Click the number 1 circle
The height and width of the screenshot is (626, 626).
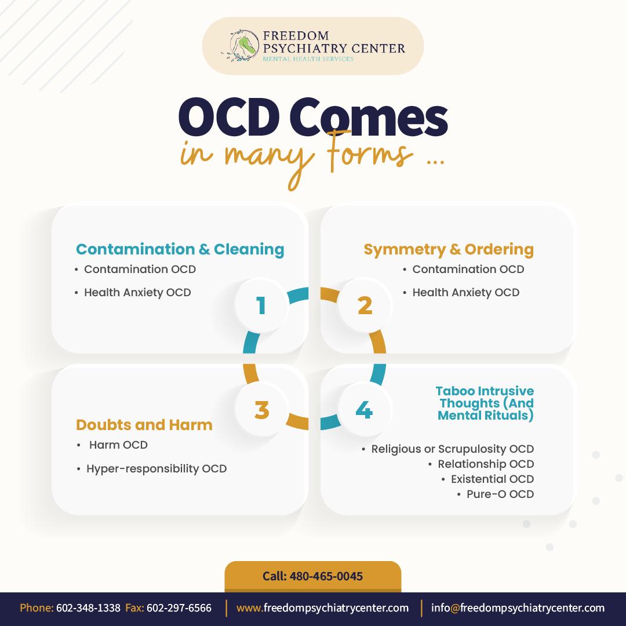pos(261,305)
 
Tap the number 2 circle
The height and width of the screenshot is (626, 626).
pos(365,305)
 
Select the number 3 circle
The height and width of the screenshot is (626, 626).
pos(261,410)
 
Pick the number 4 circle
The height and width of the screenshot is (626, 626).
pos(364,410)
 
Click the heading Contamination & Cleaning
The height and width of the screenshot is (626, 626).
pos(180,249)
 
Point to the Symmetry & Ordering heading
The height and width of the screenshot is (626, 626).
pos(449,249)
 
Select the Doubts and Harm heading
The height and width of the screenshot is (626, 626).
pos(144,425)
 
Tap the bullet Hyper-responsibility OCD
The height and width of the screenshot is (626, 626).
pos(156,468)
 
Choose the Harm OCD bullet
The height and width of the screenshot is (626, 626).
pos(118,445)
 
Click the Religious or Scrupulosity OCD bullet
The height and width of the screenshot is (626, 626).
pos(452,449)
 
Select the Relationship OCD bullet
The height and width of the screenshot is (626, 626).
pos(486,464)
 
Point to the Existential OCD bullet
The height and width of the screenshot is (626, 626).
pos(492,479)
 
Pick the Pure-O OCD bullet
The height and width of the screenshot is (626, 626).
pos(500,494)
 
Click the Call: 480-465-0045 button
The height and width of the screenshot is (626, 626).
pos(313,576)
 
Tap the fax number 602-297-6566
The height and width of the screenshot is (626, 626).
pos(179,608)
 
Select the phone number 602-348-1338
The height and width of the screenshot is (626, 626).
pos(88,608)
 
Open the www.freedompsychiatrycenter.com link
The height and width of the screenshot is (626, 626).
pos(323,608)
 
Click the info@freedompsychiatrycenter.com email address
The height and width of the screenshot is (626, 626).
pos(518,608)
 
